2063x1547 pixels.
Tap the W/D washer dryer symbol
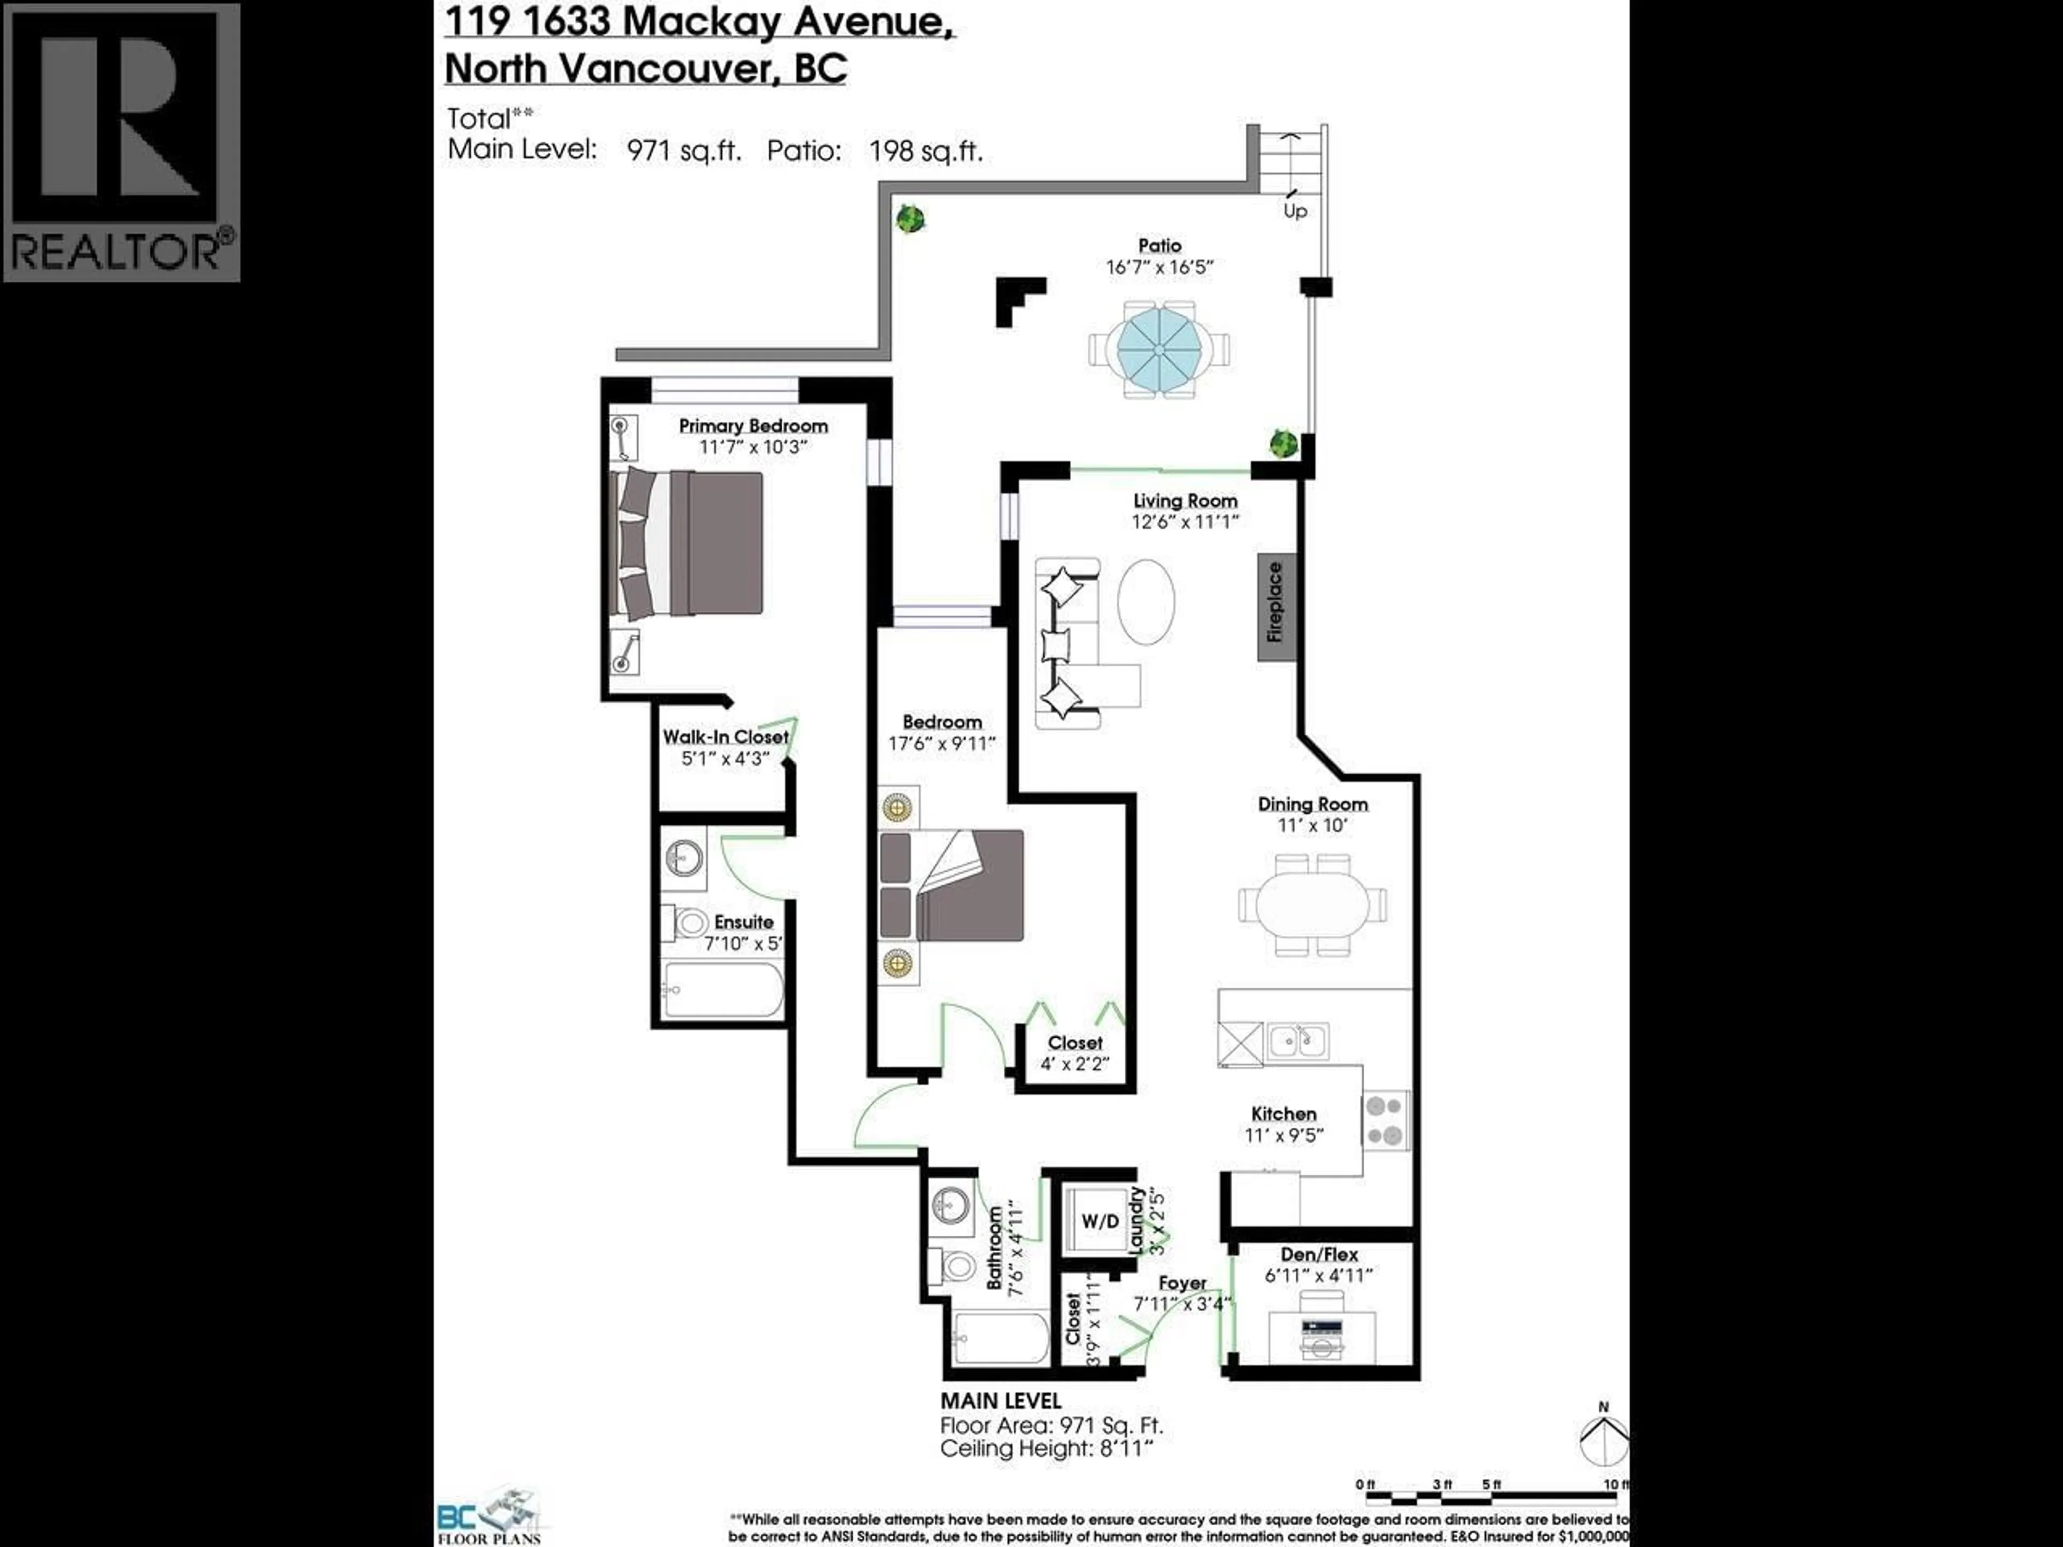click(1100, 1220)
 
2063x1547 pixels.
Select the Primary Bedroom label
click(753, 426)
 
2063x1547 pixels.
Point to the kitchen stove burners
click(1385, 1120)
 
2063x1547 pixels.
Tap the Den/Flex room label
click(1319, 1254)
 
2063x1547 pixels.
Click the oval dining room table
click(1312, 903)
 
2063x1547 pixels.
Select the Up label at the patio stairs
click(1295, 211)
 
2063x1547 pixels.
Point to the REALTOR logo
click(121, 142)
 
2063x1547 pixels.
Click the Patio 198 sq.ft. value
click(925, 151)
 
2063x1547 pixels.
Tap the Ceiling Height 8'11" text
click(1048, 1448)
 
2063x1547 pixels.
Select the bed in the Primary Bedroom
click(687, 544)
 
